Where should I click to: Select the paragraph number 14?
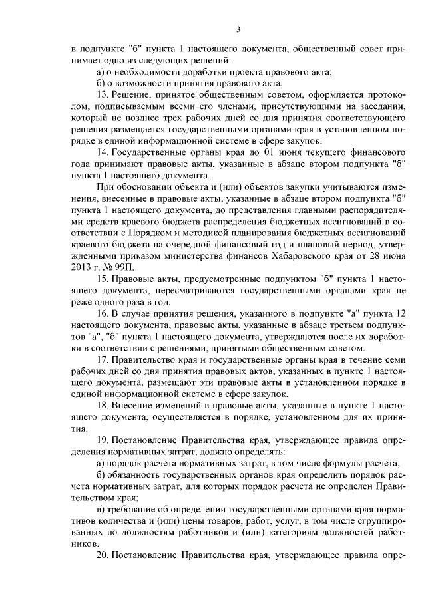click(x=102, y=152)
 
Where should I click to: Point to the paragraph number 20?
click(x=103, y=555)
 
